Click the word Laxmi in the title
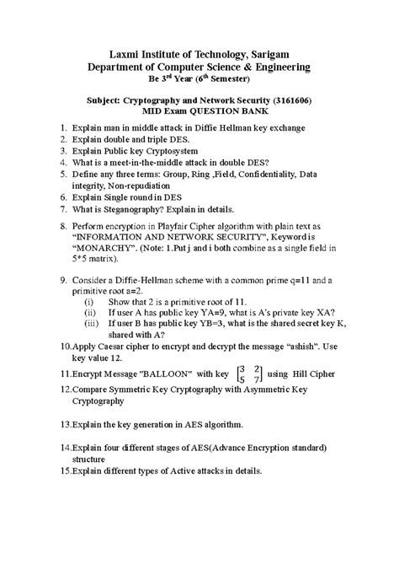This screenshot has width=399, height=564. click(116, 52)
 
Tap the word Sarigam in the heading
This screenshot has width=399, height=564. click(280, 52)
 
